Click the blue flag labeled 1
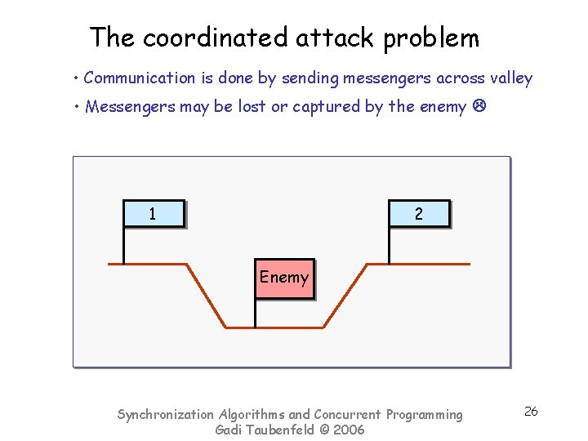coord(154,214)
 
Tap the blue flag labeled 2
coord(418,214)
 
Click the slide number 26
coord(531,412)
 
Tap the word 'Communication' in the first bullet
coord(139,78)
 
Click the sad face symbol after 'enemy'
coord(479,107)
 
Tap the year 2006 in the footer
coord(348,430)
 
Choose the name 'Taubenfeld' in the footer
coord(279,430)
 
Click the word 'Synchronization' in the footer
coord(166,415)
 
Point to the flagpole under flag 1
coord(124,245)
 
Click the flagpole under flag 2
coord(389,245)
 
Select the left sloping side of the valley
coord(207,296)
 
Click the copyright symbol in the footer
coord(324,430)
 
